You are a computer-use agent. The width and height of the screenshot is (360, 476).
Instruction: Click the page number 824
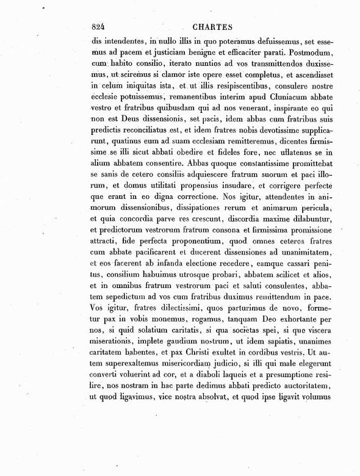pos(98,27)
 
